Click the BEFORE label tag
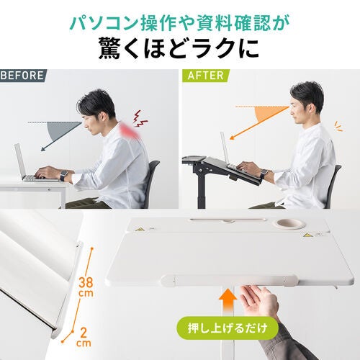[x=23, y=75]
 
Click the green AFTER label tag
[x=206, y=75]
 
